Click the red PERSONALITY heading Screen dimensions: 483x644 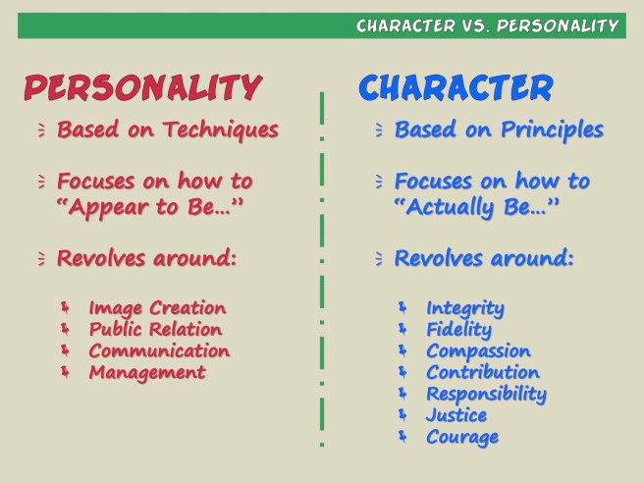[x=142, y=87]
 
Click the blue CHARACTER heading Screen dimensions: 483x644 [x=456, y=87]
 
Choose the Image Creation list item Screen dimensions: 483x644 [x=157, y=308]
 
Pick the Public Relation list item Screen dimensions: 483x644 [x=155, y=330]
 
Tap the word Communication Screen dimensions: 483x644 [x=159, y=350]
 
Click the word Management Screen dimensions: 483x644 [x=147, y=372]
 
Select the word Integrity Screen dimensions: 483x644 [x=465, y=308]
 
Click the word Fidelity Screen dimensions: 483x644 [x=458, y=330]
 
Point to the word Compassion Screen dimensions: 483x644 [x=478, y=350]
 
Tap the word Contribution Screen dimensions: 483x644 [x=483, y=372]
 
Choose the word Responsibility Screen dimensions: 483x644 [x=486, y=394]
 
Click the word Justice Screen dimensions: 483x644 [x=456, y=415]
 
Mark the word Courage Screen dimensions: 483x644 [x=462, y=437]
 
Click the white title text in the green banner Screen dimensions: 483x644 [x=487, y=26]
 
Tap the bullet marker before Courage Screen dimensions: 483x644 [x=402, y=437]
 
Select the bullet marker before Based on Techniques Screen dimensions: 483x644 [x=41, y=130]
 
